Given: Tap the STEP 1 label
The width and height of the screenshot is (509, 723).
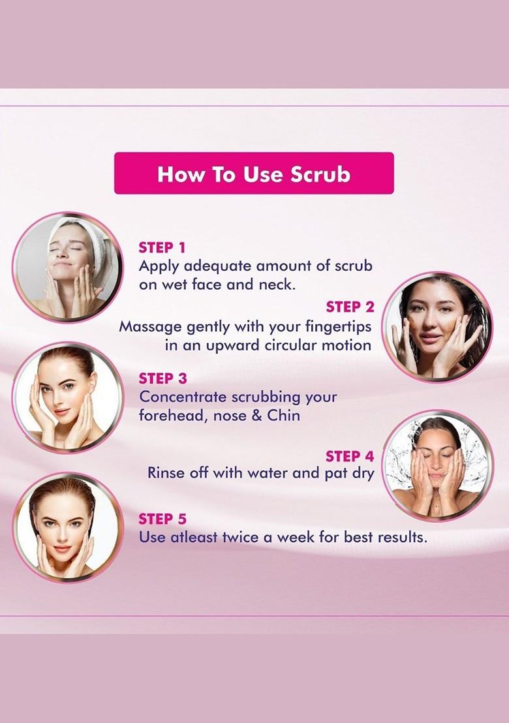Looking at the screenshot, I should pos(162,247).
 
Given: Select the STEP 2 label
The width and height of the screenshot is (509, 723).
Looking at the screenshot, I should pos(350,307).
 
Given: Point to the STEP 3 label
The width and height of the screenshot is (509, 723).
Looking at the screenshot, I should pos(162,378).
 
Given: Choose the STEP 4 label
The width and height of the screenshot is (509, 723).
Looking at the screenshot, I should pos(350,455).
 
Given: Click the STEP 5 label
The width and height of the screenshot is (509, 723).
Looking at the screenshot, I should pos(162,519).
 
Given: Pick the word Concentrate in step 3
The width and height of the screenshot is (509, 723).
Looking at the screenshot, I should pos(184,397).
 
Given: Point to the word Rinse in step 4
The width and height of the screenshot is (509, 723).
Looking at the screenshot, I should pos(166,472).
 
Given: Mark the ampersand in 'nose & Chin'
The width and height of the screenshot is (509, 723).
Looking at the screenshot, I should pos(256,416).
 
